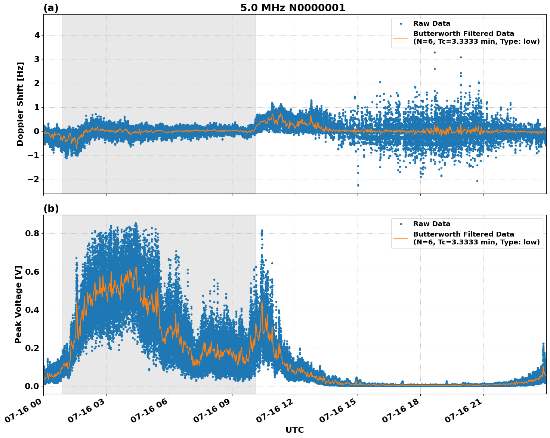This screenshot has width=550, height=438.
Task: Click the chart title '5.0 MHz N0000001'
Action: [293, 8]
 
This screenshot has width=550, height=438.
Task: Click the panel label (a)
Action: [51, 8]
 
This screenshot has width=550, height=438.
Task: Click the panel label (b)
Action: [51, 209]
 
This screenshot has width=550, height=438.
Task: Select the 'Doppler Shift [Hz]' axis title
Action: [20, 104]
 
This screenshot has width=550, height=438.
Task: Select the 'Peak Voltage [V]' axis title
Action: [18, 304]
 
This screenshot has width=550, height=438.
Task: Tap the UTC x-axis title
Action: [294, 430]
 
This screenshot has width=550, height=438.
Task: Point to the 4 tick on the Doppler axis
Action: [37, 36]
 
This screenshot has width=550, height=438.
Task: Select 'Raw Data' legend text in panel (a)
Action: [432, 24]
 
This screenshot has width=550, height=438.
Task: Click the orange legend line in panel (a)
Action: [401, 37]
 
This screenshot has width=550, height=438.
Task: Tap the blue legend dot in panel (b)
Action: [401, 224]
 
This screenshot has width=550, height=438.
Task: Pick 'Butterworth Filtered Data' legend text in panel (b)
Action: [463, 234]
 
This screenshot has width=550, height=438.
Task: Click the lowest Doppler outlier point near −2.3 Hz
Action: [358, 185]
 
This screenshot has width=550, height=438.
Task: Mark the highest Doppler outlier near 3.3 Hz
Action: [435, 52]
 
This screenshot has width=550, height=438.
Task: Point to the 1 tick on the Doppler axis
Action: [37, 107]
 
